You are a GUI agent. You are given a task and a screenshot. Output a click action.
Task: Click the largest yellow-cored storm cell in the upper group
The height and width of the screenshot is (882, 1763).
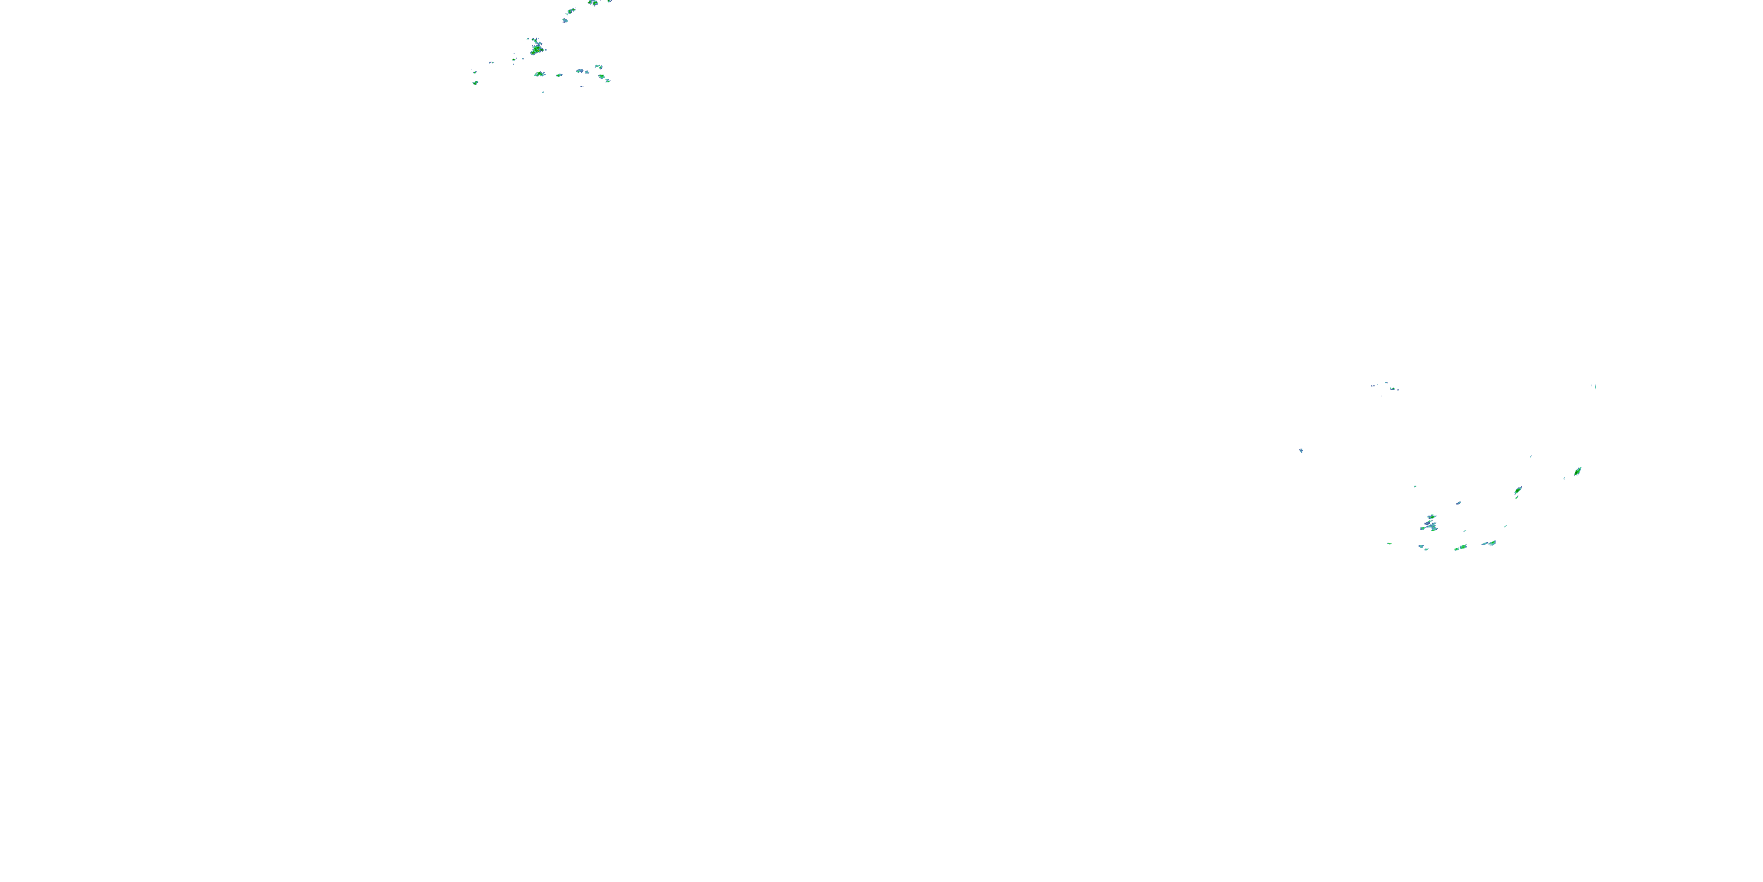(537, 49)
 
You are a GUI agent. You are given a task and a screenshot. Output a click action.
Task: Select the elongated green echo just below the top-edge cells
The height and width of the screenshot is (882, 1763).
(571, 11)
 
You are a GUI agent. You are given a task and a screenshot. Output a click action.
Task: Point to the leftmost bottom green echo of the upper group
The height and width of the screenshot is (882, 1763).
(475, 82)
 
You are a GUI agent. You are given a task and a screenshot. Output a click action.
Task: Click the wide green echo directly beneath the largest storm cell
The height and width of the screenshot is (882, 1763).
(539, 73)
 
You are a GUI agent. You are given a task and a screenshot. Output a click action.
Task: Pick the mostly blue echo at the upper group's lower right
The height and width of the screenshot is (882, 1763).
(581, 71)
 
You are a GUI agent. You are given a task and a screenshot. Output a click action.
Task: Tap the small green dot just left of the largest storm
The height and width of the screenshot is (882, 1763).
(514, 59)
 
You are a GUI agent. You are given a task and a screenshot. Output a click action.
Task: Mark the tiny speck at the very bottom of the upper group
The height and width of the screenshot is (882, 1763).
(544, 91)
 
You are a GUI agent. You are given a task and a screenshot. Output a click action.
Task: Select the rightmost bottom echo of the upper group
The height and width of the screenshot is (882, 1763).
(607, 80)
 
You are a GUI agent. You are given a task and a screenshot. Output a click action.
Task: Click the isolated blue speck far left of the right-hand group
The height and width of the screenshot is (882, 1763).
(1301, 450)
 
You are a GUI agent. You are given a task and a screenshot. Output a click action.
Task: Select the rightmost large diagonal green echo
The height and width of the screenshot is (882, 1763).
(1577, 471)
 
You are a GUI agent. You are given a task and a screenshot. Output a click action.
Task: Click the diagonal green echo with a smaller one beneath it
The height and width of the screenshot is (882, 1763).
(1518, 490)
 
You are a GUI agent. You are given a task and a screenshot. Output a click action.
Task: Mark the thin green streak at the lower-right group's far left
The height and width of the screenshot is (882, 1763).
(1389, 544)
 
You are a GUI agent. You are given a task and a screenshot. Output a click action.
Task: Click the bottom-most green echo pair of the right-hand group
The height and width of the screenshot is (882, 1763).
(1460, 548)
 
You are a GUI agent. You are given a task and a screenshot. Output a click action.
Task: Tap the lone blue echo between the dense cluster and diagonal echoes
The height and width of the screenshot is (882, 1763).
(1459, 503)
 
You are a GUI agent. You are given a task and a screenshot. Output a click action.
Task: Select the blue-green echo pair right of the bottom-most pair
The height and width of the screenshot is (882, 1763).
(1489, 544)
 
